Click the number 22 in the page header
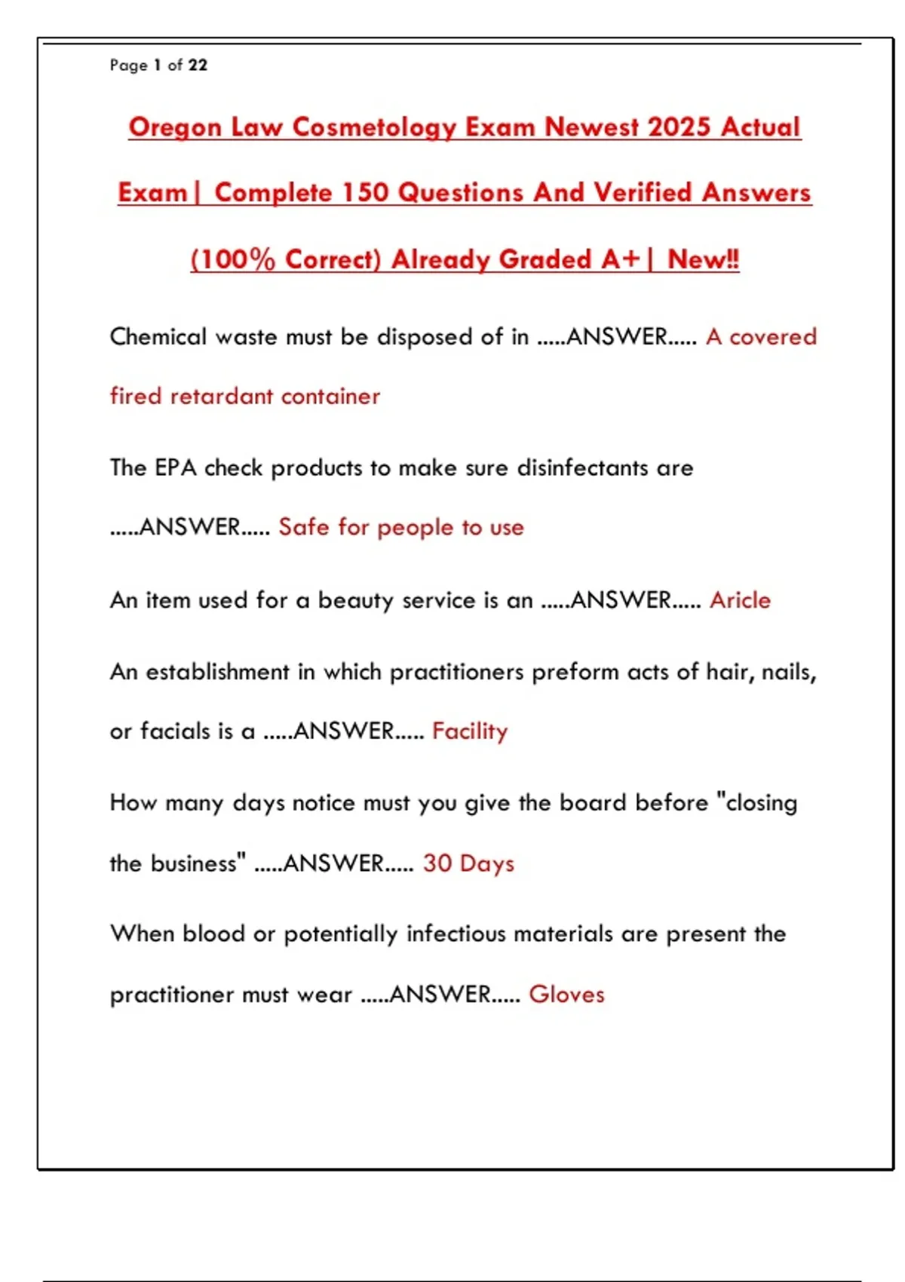click(198, 66)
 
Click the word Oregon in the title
click(175, 127)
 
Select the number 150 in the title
click(365, 193)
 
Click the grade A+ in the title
click(621, 259)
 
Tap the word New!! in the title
click(703, 259)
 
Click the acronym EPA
click(176, 468)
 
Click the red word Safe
click(304, 527)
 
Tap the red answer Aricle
click(740, 600)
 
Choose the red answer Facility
click(470, 731)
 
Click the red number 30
click(437, 863)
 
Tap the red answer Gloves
click(566, 995)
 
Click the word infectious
click(456, 934)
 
